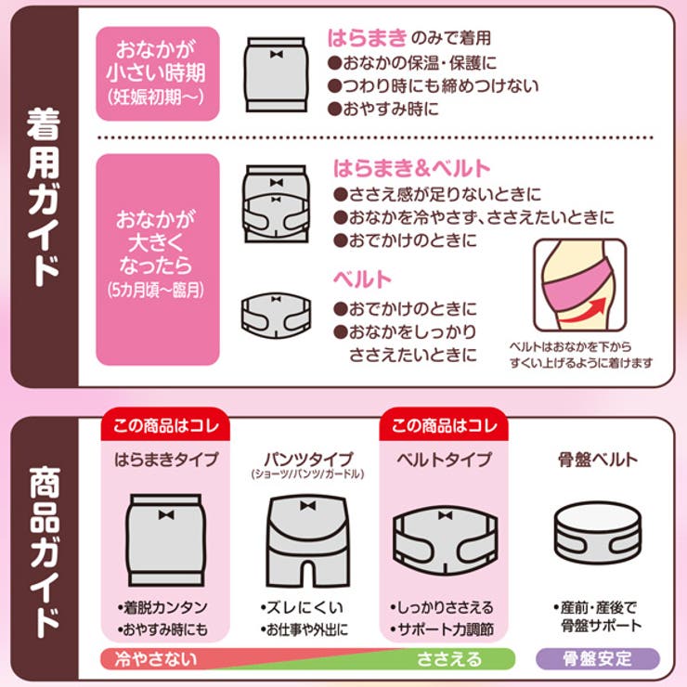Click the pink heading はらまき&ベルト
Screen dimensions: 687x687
tap(411, 168)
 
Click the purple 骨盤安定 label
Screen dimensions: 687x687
tap(597, 660)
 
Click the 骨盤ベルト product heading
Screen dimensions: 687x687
tap(597, 460)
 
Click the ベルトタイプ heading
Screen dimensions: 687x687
tap(443, 460)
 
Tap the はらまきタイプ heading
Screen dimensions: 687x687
tap(166, 460)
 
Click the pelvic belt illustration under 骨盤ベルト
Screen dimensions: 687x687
tap(597, 535)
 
